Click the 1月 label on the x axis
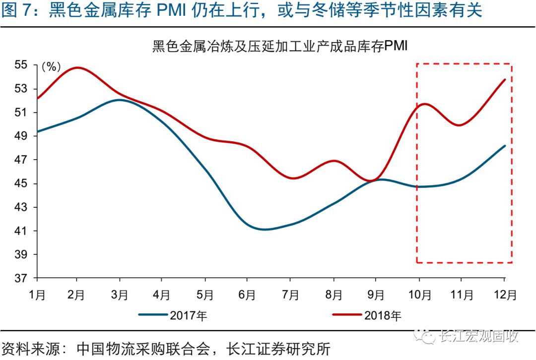coord(37,295)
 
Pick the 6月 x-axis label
coord(247,295)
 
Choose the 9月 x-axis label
coord(376,295)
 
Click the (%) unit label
coord(51,66)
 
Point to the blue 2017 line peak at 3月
coord(119,100)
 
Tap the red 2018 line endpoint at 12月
coord(505,79)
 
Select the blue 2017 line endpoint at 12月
coord(505,146)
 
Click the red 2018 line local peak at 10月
coord(424,104)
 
